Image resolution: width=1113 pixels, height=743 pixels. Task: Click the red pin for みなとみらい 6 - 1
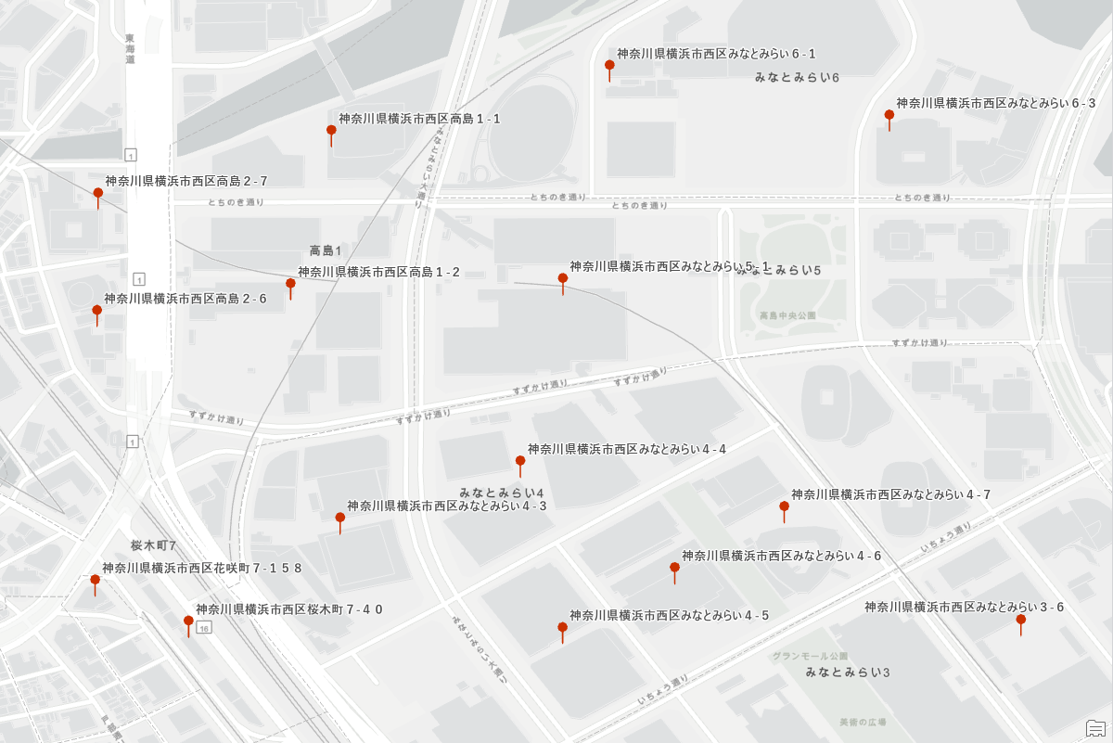pos(609,66)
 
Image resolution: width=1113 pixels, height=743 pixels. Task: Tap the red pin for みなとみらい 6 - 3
pos(889,116)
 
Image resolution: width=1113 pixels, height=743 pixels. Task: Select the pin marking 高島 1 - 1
pos(331,131)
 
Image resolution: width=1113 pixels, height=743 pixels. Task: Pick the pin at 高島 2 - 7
pos(97,194)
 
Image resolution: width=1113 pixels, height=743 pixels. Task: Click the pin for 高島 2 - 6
pos(96,312)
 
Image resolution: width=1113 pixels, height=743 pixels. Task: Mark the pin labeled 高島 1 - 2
pos(290,284)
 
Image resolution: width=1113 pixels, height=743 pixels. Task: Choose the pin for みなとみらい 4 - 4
pos(520,461)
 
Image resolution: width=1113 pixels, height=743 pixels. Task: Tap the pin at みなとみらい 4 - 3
pos(340,518)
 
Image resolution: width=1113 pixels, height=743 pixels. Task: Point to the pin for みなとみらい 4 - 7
pos(784,507)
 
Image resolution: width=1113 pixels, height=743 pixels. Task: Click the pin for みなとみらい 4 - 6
pos(674,568)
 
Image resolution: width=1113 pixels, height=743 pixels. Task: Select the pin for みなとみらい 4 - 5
pos(562,628)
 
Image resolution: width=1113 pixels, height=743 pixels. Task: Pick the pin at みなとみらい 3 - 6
pos(1020,620)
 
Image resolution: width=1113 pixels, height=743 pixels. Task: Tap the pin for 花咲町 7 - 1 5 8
pos(95,581)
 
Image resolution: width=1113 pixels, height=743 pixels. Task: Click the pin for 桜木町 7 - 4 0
pos(188,621)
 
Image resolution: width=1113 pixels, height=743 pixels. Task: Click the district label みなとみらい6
pos(797,77)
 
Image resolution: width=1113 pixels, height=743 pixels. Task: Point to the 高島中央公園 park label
pos(787,315)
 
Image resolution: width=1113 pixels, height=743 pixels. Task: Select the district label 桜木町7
pos(153,545)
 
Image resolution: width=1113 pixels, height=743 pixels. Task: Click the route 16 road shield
pos(203,628)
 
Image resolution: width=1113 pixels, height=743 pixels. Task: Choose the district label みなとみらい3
pos(848,672)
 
